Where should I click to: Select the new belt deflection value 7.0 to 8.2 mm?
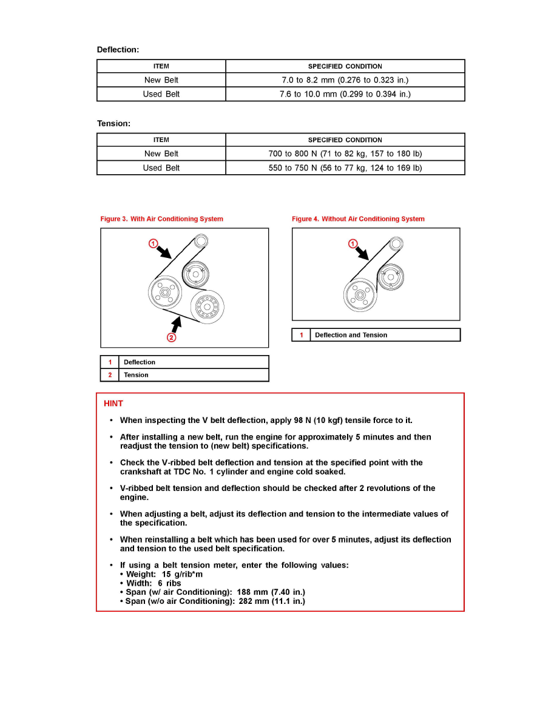coord(345,80)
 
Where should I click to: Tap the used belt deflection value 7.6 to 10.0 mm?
coord(345,94)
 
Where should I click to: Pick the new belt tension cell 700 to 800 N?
coord(345,154)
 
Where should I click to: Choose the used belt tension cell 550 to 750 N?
coord(345,168)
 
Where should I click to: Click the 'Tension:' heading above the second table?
coord(113,124)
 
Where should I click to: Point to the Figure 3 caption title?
coord(161,219)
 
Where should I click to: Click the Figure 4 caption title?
coord(358,219)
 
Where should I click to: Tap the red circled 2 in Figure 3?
coord(172,337)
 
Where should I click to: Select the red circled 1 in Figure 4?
coord(353,244)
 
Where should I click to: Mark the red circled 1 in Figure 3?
coord(154,243)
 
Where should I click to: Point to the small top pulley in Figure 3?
coord(200,242)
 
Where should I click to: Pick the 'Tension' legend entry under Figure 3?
coord(136,375)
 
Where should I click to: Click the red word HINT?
coord(113,404)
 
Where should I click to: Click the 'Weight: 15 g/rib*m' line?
coord(164,574)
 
